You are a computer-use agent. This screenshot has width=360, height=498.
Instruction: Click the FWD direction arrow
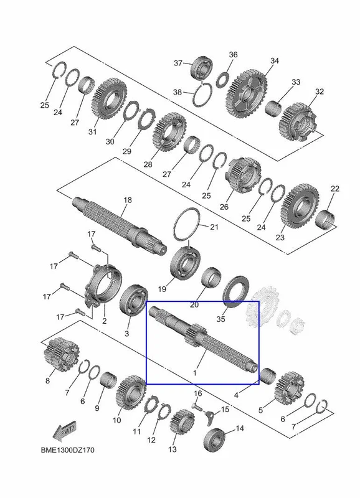[x=65, y=431]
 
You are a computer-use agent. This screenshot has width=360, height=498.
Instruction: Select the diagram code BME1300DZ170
[x=68, y=450]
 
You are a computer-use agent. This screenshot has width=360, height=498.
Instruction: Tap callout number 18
[x=128, y=200]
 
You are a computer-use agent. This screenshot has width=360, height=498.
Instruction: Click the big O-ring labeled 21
[x=187, y=224]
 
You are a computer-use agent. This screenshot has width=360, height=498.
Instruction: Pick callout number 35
[x=220, y=319]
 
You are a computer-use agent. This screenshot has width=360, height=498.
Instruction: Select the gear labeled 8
[x=60, y=354]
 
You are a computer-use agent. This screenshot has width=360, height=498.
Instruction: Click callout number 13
[x=173, y=449]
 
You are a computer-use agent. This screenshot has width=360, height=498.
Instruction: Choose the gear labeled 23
[x=300, y=205]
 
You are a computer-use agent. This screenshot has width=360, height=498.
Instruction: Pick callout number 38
[x=178, y=92]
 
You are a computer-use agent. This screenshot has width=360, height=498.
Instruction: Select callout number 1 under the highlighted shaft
[x=195, y=372]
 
